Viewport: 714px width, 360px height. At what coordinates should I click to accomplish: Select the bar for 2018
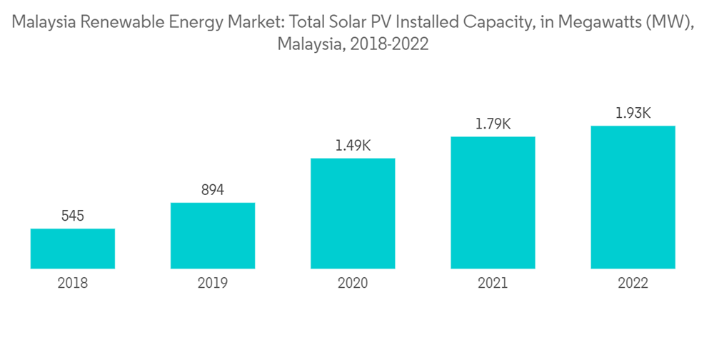tap(73, 249)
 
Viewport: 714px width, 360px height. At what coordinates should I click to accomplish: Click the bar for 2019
tap(213, 236)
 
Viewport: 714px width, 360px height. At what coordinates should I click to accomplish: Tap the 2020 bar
tap(353, 214)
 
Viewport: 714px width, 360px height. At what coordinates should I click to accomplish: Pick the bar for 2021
tap(493, 203)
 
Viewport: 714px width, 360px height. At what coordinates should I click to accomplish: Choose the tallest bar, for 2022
tap(633, 197)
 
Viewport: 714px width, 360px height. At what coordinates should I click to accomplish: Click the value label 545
tap(73, 215)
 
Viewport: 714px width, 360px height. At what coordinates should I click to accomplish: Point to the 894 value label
tap(213, 189)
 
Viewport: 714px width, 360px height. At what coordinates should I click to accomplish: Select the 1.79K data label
tap(493, 124)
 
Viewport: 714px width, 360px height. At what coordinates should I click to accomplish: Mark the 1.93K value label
tap(633, 113)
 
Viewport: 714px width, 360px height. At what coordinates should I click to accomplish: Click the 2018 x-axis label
tap(73, 284)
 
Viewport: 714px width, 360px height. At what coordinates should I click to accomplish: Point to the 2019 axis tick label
tap(213, 284)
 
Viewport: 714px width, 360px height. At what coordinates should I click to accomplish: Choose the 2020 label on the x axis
tap(353, 284)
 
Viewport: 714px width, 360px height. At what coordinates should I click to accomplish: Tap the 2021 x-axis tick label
tap(493, 284)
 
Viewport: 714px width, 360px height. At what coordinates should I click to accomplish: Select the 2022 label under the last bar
tap(633, 284)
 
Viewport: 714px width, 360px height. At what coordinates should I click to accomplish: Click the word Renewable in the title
tap(116, 23)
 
